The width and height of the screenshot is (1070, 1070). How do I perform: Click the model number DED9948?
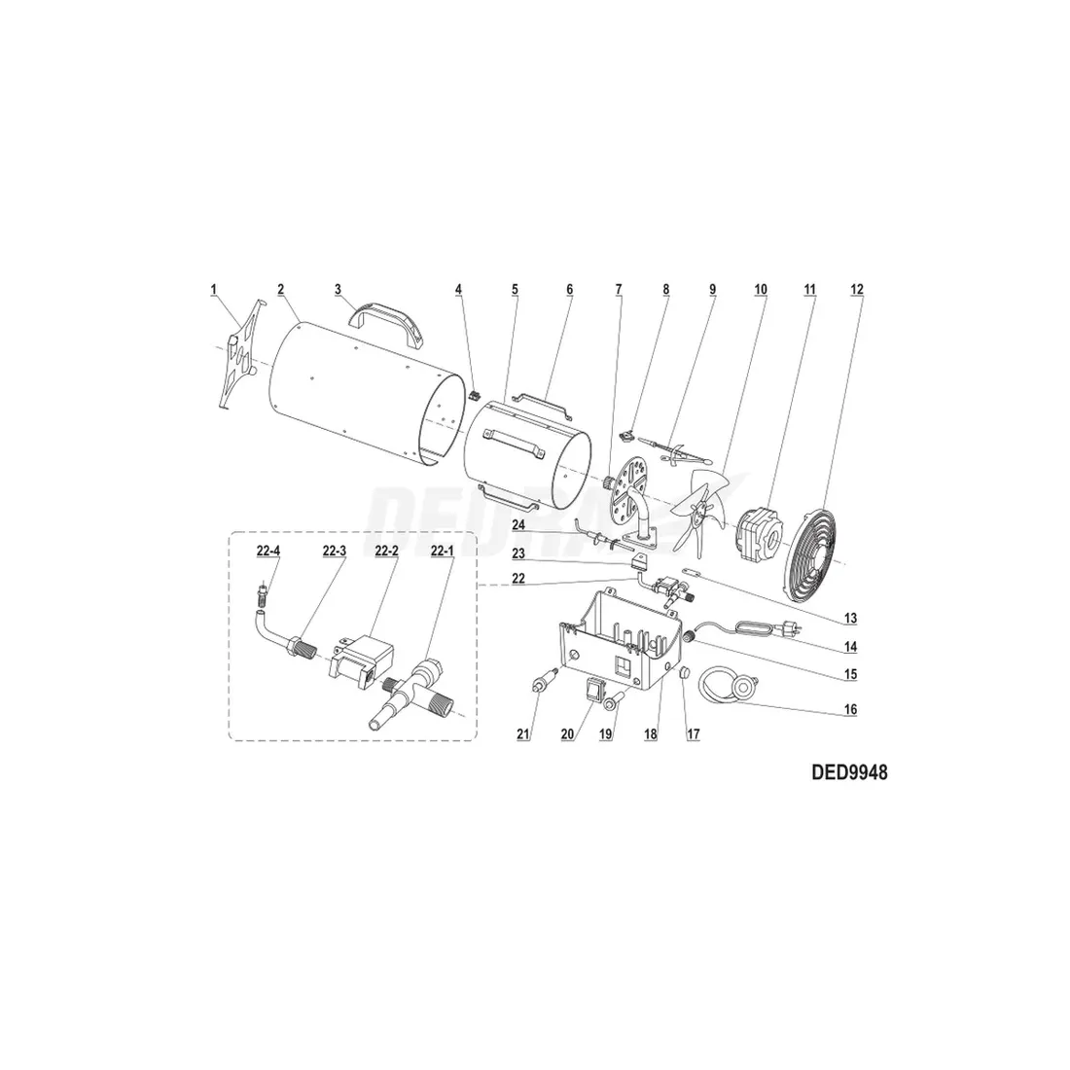click(x=849, y=772)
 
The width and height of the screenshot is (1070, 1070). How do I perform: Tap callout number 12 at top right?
click(x=856, y=289)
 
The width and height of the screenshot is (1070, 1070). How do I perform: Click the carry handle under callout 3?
click(x=386, y=326)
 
